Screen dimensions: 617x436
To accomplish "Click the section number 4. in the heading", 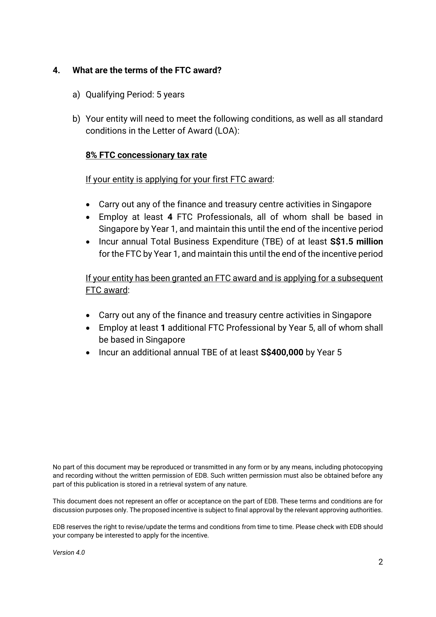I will point(56,70).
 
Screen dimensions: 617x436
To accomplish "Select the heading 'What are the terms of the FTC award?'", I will point(147,70).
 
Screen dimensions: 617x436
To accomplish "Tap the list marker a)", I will point(76,95).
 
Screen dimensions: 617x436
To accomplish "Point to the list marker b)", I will point(76,119).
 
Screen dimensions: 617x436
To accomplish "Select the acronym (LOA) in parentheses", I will point(225,131).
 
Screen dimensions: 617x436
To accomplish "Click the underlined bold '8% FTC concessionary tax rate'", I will point(146,155).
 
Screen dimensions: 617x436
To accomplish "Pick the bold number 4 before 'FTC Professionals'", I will point(170,217).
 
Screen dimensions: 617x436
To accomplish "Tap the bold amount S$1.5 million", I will point(357,242).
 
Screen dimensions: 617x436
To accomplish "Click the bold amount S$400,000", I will point(282,352).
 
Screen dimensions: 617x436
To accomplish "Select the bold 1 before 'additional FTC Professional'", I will point(163,328).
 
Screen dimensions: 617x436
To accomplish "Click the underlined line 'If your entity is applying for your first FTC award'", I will point(179,179).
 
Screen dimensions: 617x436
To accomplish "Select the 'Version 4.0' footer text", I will point(69,553).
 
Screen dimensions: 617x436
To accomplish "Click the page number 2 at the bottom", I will point(380,562).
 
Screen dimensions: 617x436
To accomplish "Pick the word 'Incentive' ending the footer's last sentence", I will point(195,536).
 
